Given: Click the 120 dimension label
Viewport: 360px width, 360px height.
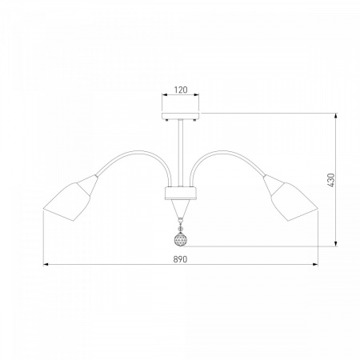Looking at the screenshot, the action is pyautogui.click(x=181, y=90).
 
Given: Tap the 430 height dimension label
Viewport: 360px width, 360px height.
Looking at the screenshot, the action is pyautogui.click(x=330, y=180).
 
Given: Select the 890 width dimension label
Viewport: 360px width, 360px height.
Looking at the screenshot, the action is pyautogui.click(x=180, y=259).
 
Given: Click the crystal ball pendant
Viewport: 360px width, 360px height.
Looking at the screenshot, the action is pyautogui.click(x=181, y=239).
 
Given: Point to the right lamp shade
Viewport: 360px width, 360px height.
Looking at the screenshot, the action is pyautogui.click(x=290, y=198).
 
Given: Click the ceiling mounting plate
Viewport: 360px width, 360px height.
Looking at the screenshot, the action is pyautogui.click(x=181, y=116).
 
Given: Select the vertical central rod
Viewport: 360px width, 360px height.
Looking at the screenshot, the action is pyautogui.click(x=181, y=153).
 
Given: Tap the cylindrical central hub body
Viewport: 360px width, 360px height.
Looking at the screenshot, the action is pyautogui.click(x=181, y=193).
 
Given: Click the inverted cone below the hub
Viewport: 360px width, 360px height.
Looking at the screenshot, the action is pyautogui.click(x=181, y=209).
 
